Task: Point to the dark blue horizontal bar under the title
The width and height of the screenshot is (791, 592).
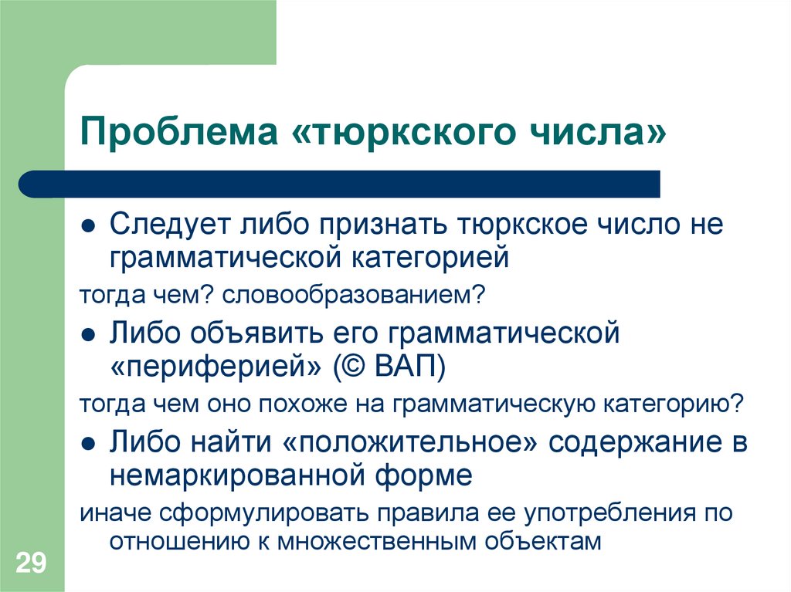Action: click(x=340, y=184)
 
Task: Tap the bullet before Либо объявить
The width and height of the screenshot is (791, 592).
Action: click(x=89, y=337)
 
